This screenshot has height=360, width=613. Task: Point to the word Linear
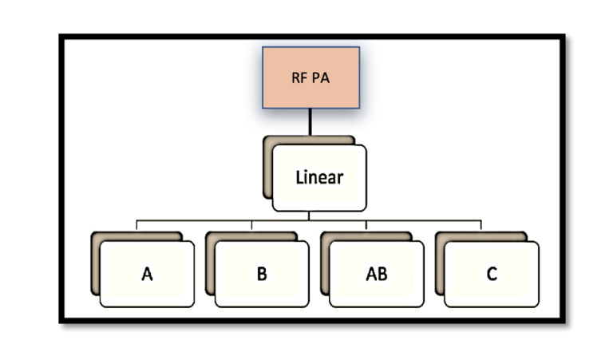point(319,176)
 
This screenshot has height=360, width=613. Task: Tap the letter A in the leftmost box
point(147,275)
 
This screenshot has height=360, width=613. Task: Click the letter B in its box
point(262,275)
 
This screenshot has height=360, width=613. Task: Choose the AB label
point(376,275)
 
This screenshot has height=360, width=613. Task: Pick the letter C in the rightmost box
point(492,275)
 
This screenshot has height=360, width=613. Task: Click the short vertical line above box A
point(137,225)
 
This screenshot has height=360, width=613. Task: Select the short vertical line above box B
point(251,225)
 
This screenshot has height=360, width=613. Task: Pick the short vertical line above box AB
point(366,225)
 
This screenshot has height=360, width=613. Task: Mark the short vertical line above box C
point(481,225)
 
